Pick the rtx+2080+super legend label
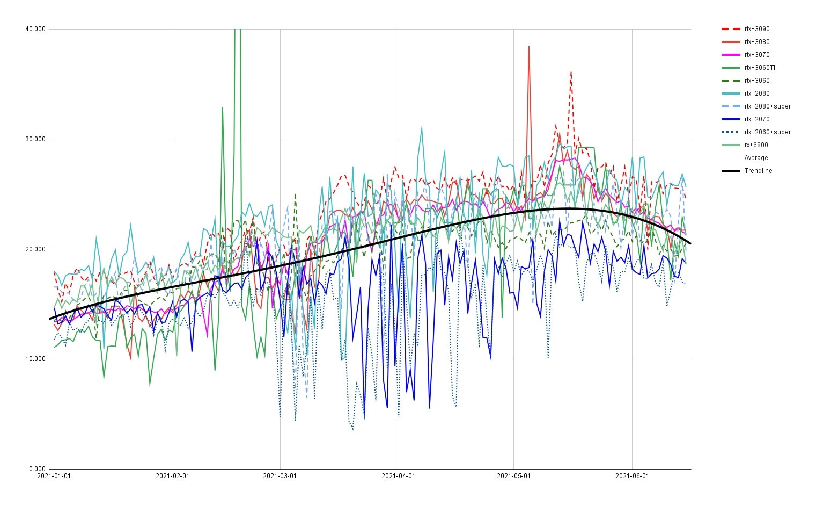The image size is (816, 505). [767, 106]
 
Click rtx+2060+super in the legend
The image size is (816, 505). [767, 132]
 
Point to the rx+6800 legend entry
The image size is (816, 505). [756, 145]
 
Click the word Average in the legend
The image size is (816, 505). [756, 158]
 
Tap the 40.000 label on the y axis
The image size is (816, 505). [35, 29]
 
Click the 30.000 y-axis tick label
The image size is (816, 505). [35, 139]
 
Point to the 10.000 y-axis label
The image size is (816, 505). [35, 359]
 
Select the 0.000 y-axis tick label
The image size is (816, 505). [37, 469]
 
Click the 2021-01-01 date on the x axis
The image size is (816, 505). [54, 476]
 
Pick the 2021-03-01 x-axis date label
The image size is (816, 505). [280, 476]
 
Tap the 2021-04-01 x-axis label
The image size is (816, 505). [399, 476]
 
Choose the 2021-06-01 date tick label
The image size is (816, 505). [632, 476]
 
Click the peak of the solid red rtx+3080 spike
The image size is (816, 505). [529, 46]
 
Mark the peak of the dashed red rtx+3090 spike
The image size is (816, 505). [571, 71]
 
